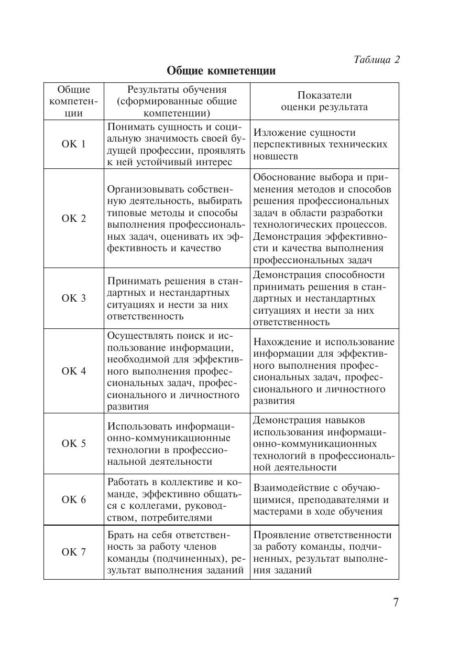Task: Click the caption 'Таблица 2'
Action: click(376, 59)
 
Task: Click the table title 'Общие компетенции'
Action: click(221, 71)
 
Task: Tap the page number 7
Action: click(396, 602)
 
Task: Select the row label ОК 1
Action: click(73, 144)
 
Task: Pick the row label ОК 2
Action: click(73, 219)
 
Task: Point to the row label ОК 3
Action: click(73, 298)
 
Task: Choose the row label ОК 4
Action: click(73, 371)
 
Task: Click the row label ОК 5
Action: click(73, 444)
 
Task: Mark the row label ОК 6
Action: click(73, 500)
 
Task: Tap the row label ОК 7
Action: click(73, 552)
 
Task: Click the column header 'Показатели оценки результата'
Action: click(324, 101)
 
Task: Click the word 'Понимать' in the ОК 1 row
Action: click(128, 126)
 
